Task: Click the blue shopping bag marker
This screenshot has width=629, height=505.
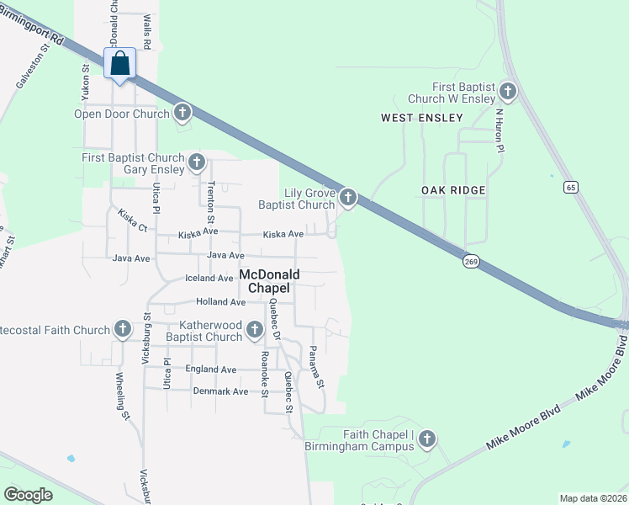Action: coord(120,64)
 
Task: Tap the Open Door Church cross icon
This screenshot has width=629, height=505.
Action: coord(182,113)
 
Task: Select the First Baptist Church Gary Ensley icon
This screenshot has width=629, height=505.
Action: coord(196,162)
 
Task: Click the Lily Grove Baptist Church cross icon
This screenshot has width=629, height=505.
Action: coord(347,199)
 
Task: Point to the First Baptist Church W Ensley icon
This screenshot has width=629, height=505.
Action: coord(506,91)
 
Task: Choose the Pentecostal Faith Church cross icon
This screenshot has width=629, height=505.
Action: coord(122,330)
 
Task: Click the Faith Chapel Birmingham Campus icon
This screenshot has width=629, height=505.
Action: coord(427,439)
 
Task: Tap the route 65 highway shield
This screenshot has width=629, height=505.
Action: coord(571,188)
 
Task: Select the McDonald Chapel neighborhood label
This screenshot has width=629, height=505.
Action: coord(265,281)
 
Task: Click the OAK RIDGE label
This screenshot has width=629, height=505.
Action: coord(453,190)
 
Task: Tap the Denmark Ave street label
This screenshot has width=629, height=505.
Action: coord(220,391)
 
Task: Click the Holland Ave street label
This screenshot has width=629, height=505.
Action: coord(220,301)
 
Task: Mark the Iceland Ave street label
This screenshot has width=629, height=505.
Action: coord(209,278)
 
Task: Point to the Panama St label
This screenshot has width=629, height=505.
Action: coord(315,367)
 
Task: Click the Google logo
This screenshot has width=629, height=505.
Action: coord(28,495)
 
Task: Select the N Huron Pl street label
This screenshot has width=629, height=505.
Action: coord(499,130)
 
